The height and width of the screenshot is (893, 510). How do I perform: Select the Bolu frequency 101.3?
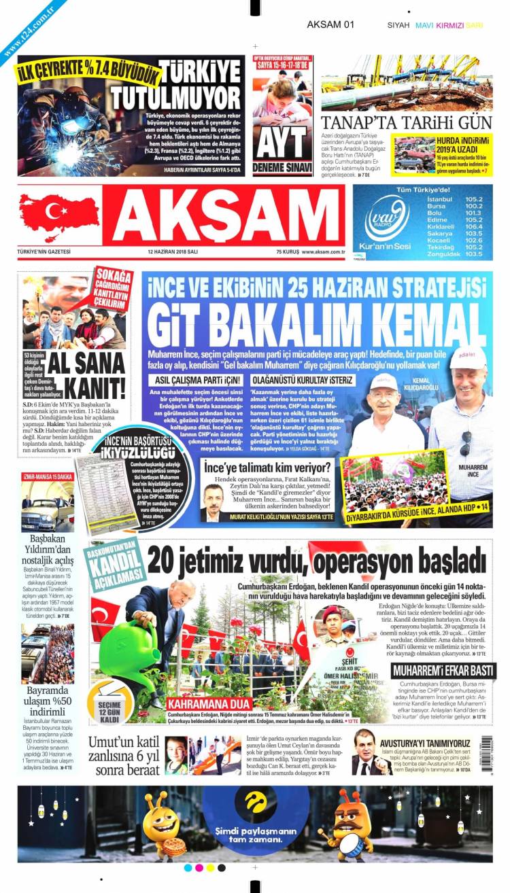pos(473,213)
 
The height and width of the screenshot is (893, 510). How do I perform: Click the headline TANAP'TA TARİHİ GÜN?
pos(406,123)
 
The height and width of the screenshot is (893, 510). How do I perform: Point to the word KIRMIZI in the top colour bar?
pos(450,25)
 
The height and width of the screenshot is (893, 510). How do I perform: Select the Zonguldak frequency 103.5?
pos(473,253)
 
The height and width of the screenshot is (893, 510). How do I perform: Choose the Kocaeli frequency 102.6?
pos(473,240)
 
